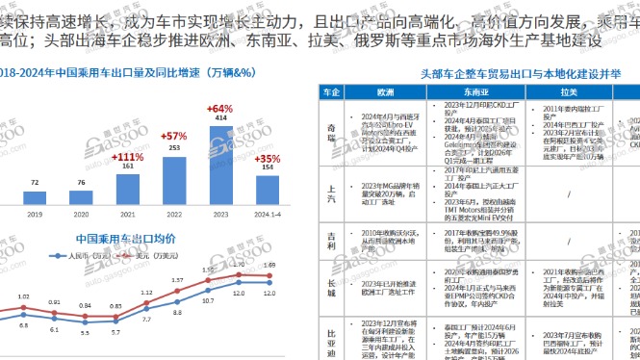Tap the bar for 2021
click(128, 184)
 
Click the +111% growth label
click(128, 156)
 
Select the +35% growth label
click(267, 158)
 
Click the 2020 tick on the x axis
click(81, 217)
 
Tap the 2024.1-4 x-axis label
click(267, 217)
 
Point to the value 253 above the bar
click(173, 148)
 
